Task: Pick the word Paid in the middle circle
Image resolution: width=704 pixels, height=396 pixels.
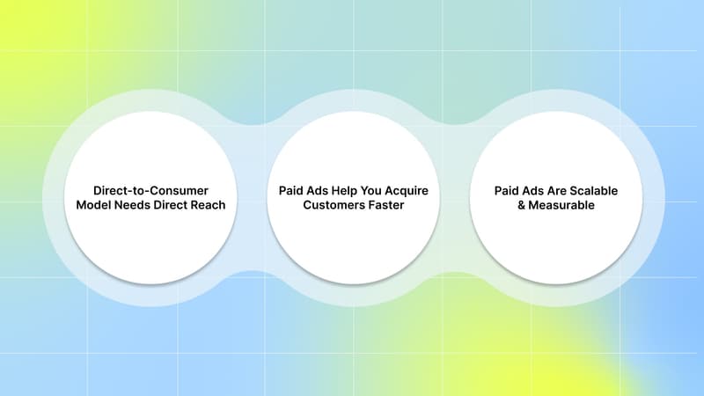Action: pyautogui.click(x=293, y=189)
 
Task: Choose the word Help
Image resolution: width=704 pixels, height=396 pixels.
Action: pyautogui.click(x=352, y=189)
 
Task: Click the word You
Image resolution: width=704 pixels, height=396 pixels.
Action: pyautogui.click(x=380, y=189)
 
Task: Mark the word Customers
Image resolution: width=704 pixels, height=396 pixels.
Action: pyautogui.click(x=334, y=206)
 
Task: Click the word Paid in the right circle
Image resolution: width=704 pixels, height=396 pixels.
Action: pyautogui.click(x=509, y=189)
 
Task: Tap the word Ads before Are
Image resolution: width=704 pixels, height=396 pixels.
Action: pyautogui.click(x=538, y=189)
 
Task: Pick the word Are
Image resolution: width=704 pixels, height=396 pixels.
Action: pyautogui.click(x=564, y=189)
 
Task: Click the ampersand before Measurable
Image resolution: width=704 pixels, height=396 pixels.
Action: pyautogui.click(x=522, y=206)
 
